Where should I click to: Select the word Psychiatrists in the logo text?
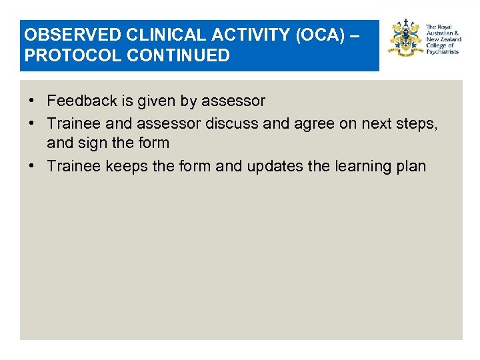point(443,51)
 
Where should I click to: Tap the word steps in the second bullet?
point(417,122)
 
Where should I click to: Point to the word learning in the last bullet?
point(363,166)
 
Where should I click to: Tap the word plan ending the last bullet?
point(411,166)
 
